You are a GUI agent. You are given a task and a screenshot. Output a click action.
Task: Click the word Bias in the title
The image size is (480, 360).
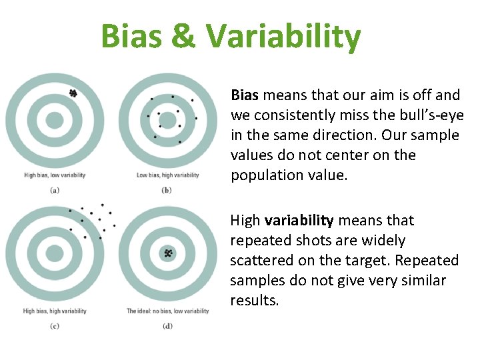point(131,37)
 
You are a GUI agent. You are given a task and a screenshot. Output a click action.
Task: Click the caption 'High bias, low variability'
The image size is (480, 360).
point(55,175)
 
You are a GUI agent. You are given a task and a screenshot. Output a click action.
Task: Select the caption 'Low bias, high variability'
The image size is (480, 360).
point(168,175)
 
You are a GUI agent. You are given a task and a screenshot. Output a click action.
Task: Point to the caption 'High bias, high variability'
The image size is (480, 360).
point(55,311)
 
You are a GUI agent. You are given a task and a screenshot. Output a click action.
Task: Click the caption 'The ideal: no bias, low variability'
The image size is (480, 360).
point(168,311)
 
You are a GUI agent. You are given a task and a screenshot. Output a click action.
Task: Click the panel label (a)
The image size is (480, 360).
point(55,189)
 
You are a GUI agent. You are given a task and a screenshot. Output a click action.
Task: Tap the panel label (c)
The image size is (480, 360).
point(55,325)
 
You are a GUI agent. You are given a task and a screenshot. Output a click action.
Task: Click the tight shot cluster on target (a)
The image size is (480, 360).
point(73,94)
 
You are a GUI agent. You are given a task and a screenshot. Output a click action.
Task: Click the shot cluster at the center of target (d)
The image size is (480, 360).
point(168,253)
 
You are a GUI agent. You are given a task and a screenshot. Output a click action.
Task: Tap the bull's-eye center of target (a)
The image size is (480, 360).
point(55,121)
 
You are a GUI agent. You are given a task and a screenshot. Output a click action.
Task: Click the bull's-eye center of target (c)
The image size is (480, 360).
point(55,253)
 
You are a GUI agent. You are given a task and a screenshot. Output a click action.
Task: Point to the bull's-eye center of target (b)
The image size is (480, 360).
point(168,121)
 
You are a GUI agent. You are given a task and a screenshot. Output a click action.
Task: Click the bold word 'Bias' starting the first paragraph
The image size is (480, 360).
point(244,95)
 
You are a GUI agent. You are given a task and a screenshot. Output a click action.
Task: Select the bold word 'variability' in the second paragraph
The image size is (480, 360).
point(299,221)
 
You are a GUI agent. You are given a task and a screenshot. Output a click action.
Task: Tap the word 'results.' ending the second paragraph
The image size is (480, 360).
point(255,300)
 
